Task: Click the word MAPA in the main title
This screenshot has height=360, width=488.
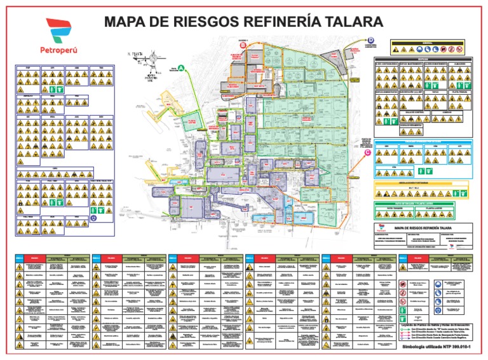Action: click(x=129, y=22)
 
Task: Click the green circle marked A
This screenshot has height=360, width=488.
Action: click(x=181, y=68)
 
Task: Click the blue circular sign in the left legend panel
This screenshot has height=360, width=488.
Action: click(x=93, y=217)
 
